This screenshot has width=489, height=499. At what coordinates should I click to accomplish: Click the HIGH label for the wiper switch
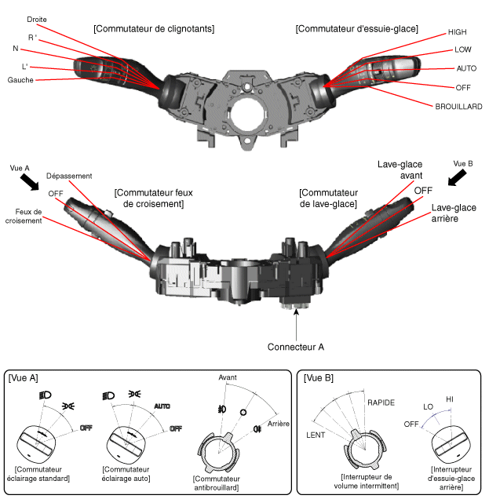click(457, 32)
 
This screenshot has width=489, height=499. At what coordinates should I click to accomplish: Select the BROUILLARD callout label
click(458, 106)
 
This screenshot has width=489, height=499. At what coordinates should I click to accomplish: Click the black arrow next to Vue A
click(29, 182)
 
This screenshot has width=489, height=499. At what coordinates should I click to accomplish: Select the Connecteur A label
click(295, 346)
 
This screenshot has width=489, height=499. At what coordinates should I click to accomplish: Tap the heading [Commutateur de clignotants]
click(153, 29)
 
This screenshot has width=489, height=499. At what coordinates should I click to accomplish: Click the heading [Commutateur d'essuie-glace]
click(356, 29)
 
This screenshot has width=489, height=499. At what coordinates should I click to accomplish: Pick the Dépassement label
click(69, 176)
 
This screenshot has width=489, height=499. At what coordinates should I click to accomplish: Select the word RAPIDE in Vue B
click(381, 402)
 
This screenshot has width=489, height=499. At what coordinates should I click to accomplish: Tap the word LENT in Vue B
click(316, 434)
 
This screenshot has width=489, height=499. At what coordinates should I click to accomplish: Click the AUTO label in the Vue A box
click(162, 406)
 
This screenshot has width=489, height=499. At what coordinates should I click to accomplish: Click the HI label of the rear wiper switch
click(450, 399)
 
